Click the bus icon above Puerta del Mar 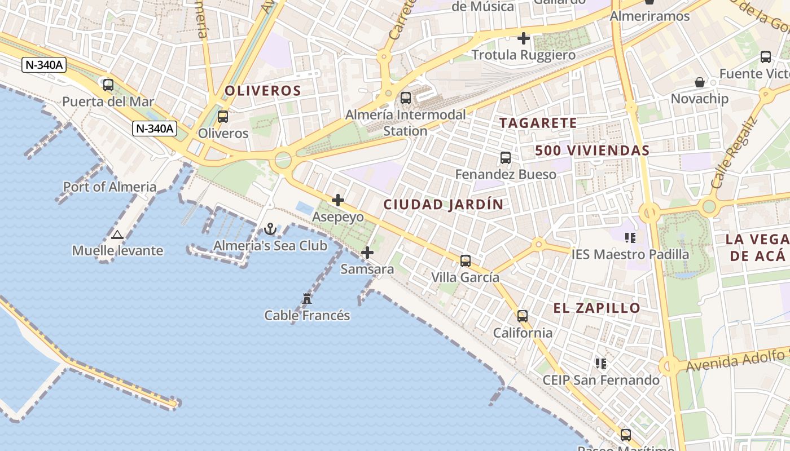click(108, 85)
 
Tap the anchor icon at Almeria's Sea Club click(270, 229)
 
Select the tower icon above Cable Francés click(307, 298)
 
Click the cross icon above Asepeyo click(338, 200)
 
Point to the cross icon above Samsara click(367, 253)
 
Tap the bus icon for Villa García click(466, 260)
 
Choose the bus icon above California click(523, 316)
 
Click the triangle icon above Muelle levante click(117, 235)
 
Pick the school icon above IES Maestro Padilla click(630, 238)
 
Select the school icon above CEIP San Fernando click(601, 364)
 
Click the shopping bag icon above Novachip click(700, 82)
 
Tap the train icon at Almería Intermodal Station click(406, 98)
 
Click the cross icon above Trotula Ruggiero click(524, 38)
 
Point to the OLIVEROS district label click(263, 91)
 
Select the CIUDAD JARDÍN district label click(443, 205)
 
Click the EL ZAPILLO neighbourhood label click(596, 308)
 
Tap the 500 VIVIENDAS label click(592, 151)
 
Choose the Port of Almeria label click(110, 187)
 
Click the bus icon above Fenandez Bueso click(506, 158)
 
